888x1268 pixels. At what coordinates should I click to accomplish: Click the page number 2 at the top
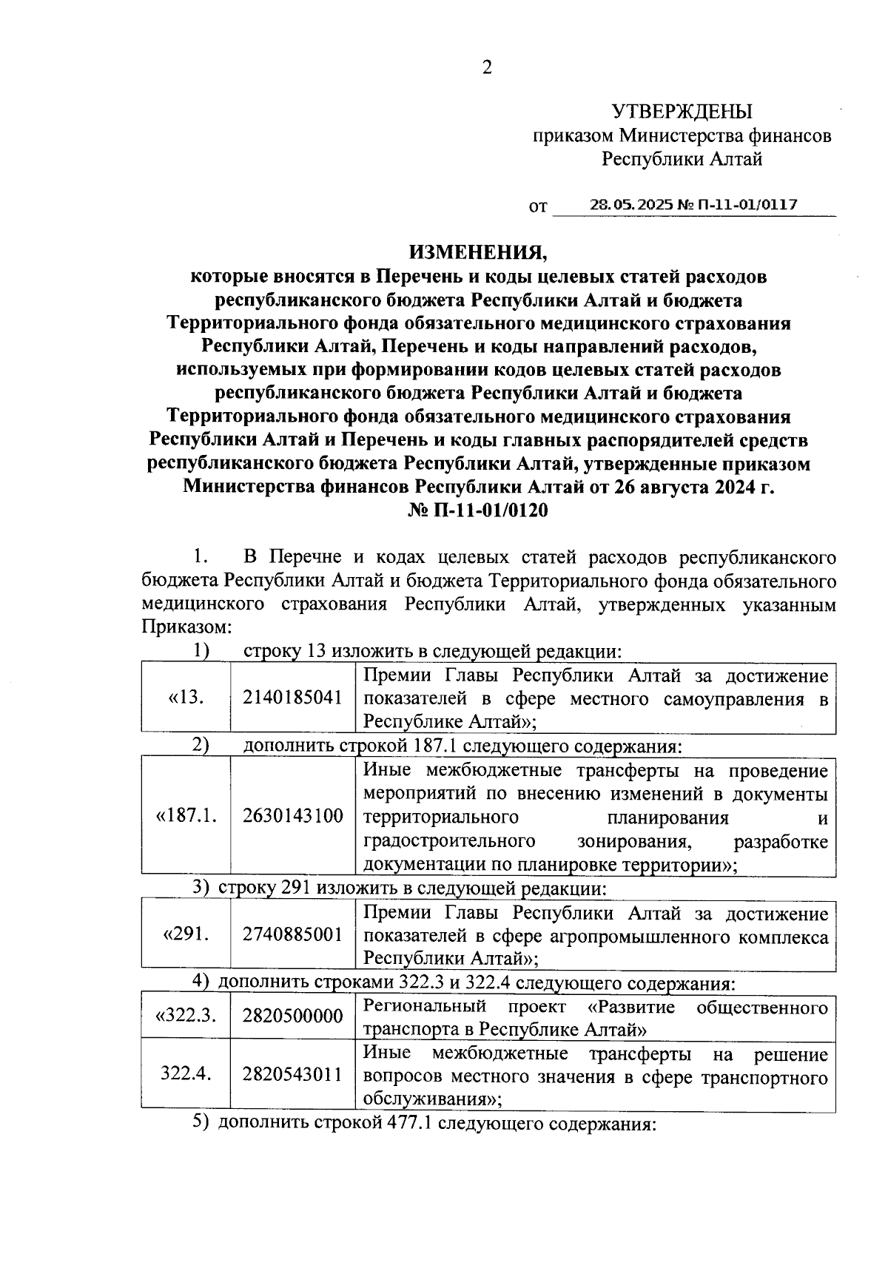pyautogui.click(x=486, y=68)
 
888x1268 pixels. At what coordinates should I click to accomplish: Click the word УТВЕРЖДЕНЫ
pyautogui.click(x=681, y=112)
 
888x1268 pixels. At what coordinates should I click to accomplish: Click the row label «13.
pyautogui.click(x=186, y=698)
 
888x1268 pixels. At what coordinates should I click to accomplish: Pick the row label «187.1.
pyautogui.click(x=186, y=816)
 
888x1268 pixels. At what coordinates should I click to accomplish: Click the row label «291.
pyautogui.click(x=186, y=934)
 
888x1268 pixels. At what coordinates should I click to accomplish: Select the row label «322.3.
pyautogui.click(x=186, y=1015)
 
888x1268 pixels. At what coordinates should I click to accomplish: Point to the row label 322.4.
pyautogui.click(x=186, y=1074)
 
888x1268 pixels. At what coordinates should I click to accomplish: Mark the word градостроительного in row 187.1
pyautogui.click(x=449, y=841)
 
